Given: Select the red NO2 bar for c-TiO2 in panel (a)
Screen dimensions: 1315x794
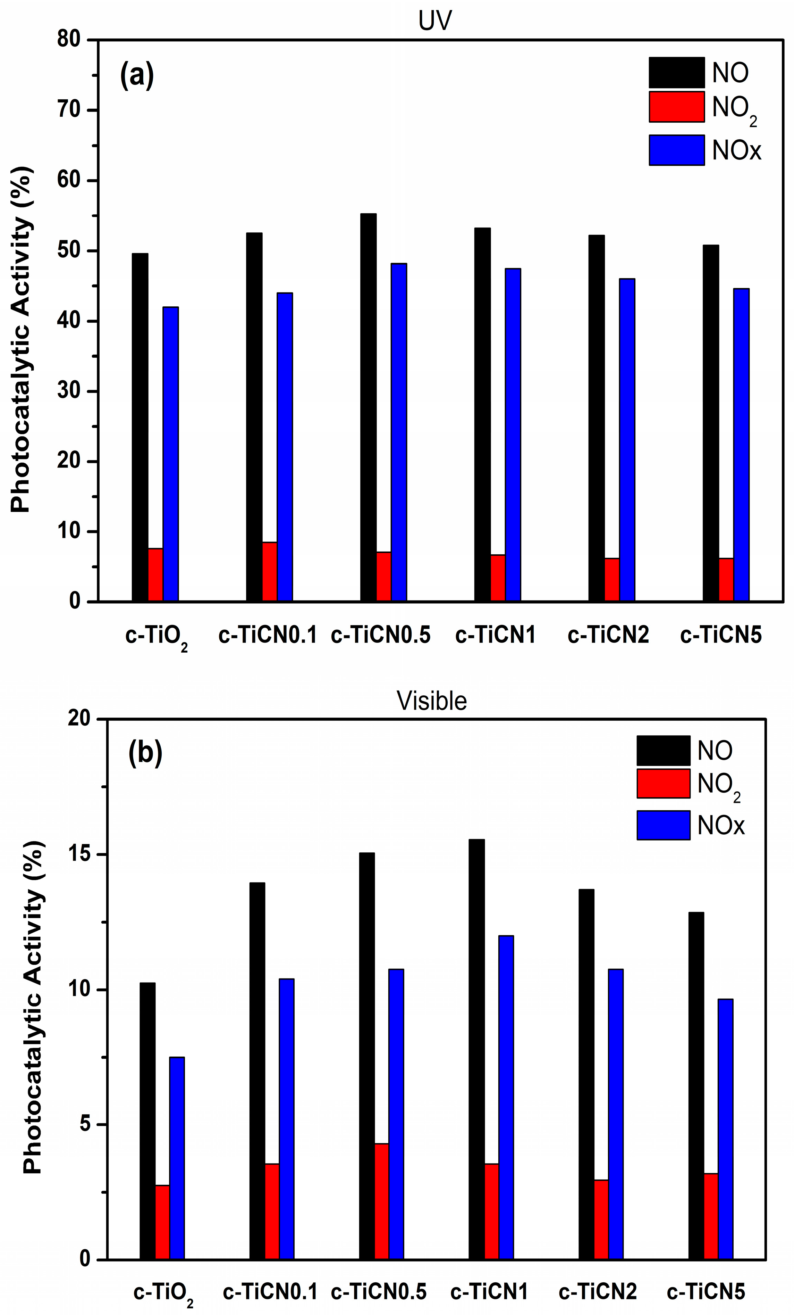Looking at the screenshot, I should point(155,575).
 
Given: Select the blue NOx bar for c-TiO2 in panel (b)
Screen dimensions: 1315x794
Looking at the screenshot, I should point(177,1158).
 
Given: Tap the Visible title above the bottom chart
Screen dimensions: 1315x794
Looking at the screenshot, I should point(431,701).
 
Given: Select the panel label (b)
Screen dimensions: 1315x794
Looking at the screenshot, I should point(145,753).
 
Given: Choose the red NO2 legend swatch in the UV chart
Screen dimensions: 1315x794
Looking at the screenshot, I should point(676,107).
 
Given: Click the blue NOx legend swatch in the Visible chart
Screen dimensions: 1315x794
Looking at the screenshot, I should point(663,825).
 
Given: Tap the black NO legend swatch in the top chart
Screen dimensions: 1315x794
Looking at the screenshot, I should point(676,72).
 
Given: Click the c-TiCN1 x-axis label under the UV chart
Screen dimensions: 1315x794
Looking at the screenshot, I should point(495,635).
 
